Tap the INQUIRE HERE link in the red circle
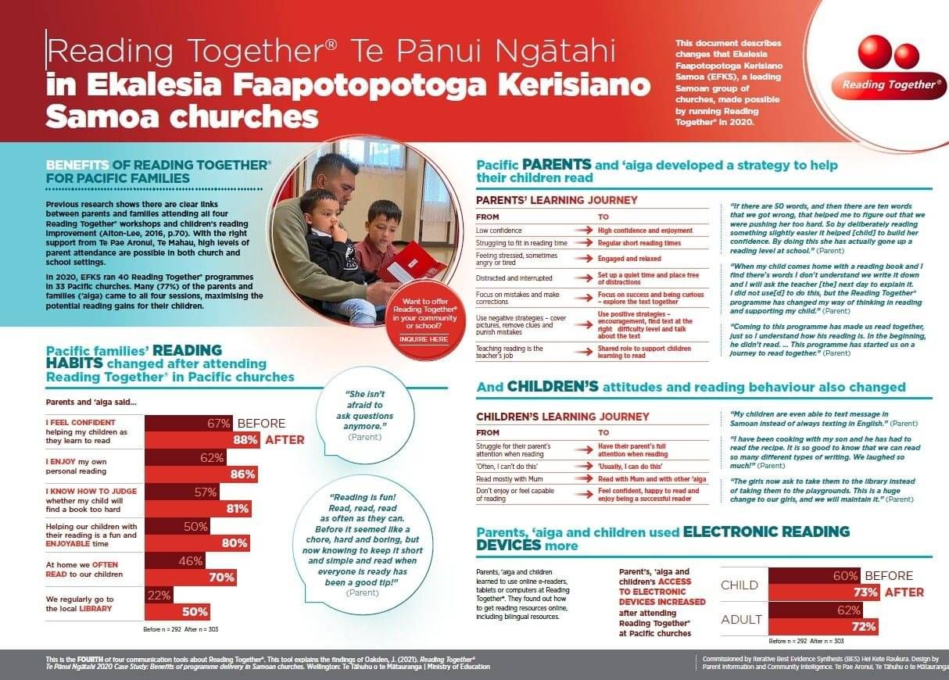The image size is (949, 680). coord(424,339)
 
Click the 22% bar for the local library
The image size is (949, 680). coord(159,596)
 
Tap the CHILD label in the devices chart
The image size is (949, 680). coord(739,585)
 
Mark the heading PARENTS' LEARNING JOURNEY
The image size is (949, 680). coord(545,200)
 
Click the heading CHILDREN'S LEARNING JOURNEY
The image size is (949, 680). coord(563,417)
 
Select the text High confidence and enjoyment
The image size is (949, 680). coord(645,231)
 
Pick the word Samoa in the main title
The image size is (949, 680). coord(102,116)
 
